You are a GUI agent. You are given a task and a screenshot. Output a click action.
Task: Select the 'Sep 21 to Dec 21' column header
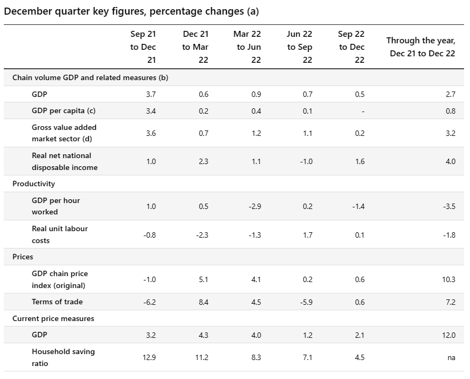143,47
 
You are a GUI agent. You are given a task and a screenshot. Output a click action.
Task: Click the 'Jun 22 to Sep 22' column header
299,47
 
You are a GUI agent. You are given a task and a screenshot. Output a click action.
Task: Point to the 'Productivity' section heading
34,184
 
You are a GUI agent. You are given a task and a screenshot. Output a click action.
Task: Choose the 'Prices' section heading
23,257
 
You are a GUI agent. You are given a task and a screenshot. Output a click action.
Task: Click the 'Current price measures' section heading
53,318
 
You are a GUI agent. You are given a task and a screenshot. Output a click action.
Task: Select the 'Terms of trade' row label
57,302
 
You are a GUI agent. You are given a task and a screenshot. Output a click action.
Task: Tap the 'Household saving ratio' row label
63,357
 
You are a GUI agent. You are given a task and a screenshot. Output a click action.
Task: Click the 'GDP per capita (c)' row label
63,110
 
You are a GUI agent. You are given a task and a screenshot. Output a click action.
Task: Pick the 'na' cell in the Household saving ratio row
451,357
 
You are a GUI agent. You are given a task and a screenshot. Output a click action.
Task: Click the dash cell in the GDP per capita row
363,111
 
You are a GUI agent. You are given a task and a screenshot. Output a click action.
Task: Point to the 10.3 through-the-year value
448,279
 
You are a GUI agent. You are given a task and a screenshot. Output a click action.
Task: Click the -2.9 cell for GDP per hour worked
256,206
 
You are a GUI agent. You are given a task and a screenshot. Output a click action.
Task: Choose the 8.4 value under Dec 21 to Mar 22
204,302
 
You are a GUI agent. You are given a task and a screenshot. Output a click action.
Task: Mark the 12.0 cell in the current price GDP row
448,335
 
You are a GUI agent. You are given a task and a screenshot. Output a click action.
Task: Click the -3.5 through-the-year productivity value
449,206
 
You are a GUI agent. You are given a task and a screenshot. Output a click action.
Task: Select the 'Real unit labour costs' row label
60,234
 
